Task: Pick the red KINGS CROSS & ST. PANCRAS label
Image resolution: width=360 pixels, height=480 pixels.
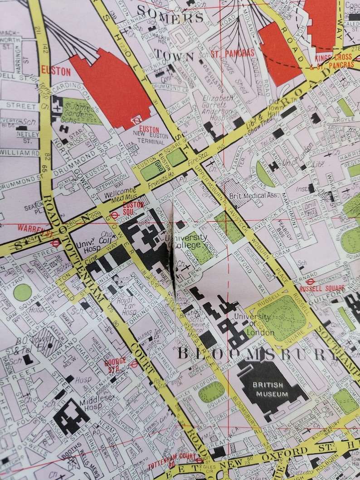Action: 335,62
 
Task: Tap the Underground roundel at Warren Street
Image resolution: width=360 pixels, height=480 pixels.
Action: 56,243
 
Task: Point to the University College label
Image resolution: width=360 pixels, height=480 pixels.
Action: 191,241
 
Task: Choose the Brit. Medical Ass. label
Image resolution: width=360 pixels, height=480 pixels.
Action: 254,196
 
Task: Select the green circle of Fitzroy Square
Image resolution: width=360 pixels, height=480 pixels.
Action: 23,292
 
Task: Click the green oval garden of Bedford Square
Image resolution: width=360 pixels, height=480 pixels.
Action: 212,392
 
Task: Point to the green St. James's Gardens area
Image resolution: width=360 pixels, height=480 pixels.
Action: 82,112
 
